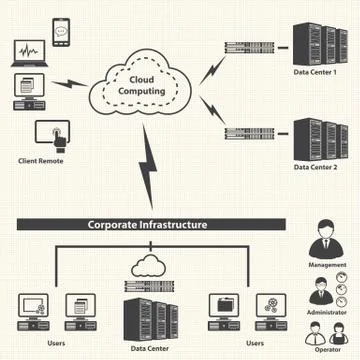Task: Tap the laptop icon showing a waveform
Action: pos(27,52)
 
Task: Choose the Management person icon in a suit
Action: pos(330,238)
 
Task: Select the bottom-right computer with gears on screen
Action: pos(266,307)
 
